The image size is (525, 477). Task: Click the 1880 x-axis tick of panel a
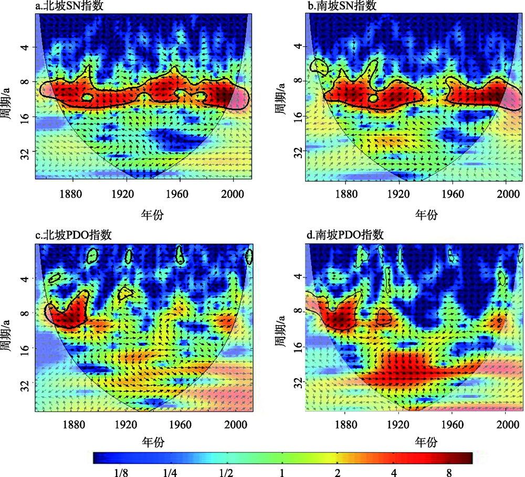point(71,193)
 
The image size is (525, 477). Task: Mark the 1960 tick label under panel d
point(453,423)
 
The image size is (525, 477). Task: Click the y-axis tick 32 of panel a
point(27,151)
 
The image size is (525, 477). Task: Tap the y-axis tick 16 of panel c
point(27,348)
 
